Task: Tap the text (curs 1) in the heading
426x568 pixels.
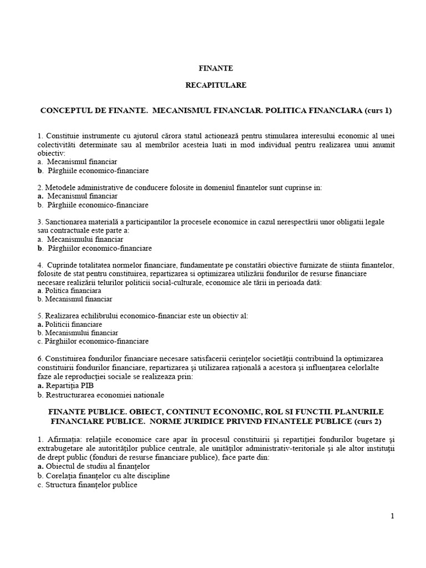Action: tap(378, 110)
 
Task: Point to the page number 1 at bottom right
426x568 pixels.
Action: tap(392, 516)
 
